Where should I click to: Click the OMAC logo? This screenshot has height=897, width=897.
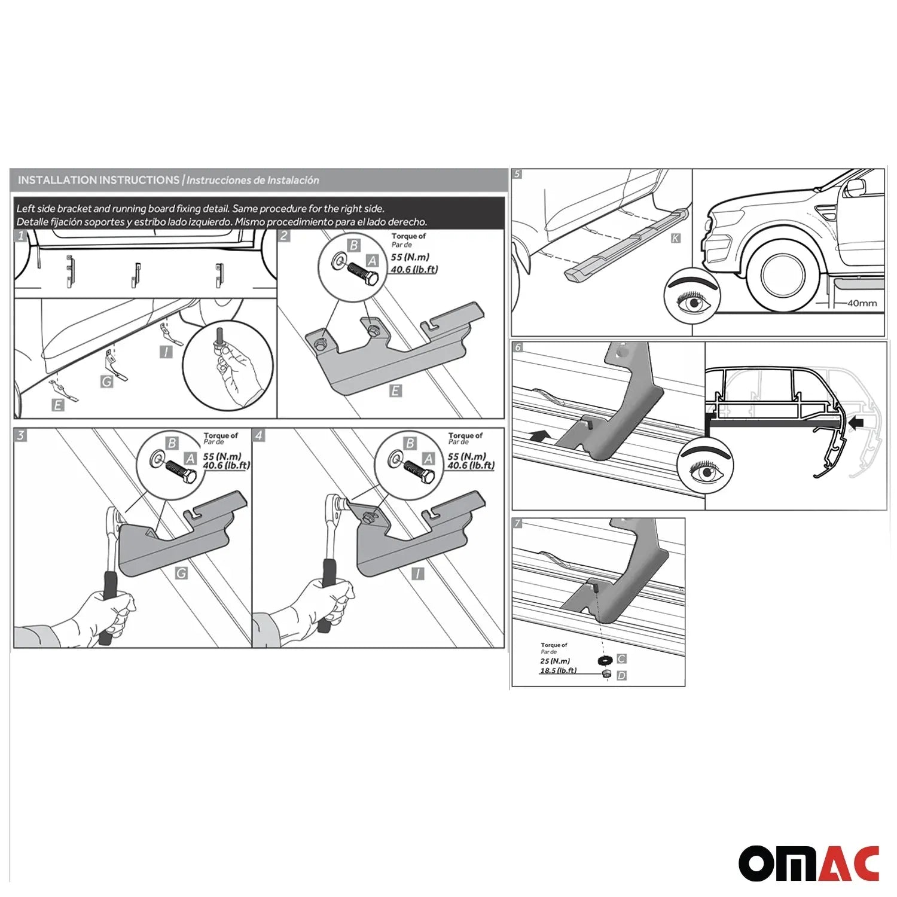pyautogui.click(x=808, y=863)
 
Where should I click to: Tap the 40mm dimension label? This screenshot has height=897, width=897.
pyautogui.click(x=862, y=303)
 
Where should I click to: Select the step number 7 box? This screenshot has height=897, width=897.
pyautogui.click(x=518, y=524)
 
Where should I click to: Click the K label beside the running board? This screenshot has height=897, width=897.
pyautogui.click(x=675, y=238)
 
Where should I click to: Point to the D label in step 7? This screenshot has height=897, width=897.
pyautogui.click(x=622, y=675)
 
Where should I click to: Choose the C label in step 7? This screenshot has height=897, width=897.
pyautogui.click(x=622, y=658)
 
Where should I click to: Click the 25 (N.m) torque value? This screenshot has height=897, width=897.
pyautogui.click(x=555, y=661)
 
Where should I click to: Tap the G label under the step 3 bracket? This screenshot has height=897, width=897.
pyautogui.click(x=181, y=573)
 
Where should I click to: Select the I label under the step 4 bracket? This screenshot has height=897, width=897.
pyautogui.click(x=418, y=573)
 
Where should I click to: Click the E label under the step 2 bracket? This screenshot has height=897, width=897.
pyautogui.click(x=395, y=391)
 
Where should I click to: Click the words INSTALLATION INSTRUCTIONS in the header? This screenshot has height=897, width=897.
pyautogui.click(x=99, y=180)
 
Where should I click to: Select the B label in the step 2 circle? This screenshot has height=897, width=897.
pyautogui.click(x=354, y=245)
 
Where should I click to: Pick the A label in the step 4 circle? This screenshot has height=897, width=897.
pyautogui.click(x=428, y=459)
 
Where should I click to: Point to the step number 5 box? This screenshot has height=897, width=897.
pyautogui.click(x=518, y=174)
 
